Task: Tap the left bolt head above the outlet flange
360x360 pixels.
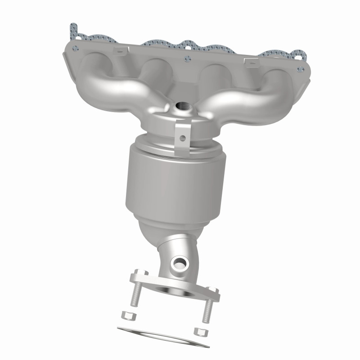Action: [139, 273]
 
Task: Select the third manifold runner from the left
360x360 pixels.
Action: [214, 76]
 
